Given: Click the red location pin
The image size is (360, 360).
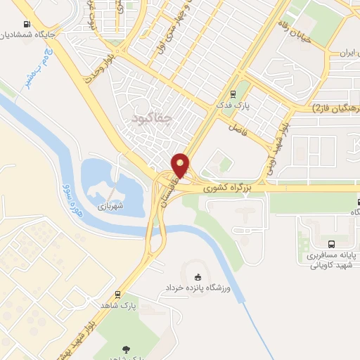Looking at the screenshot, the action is [181, 165].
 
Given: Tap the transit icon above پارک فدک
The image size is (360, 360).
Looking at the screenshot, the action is [233, 94].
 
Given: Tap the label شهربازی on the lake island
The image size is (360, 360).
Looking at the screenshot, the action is [110, 206].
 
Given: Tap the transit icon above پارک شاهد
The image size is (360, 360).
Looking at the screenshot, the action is [117, 295].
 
